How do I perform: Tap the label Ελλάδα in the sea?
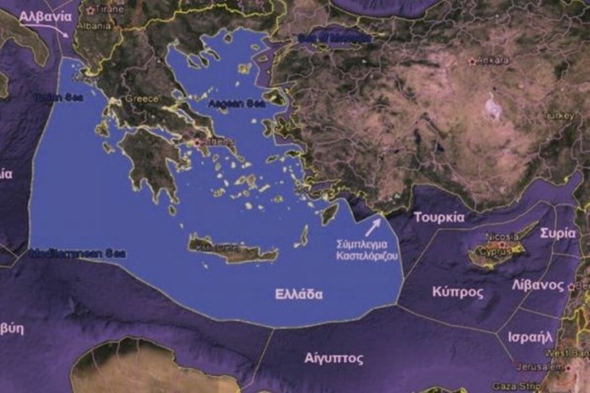[x=299, y=294]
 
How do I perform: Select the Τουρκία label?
[x=439, y=217]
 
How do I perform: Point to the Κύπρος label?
[x=458, y=292]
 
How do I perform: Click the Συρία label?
[x=559, y=233]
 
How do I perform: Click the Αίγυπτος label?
[x=334, y=359]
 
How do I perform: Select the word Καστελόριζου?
[x=367, y=256]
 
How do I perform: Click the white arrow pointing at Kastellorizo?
[x=373, y=226]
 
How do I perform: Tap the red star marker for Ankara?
[x=472, y=61]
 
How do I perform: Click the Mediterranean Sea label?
[x=77, y=254]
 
